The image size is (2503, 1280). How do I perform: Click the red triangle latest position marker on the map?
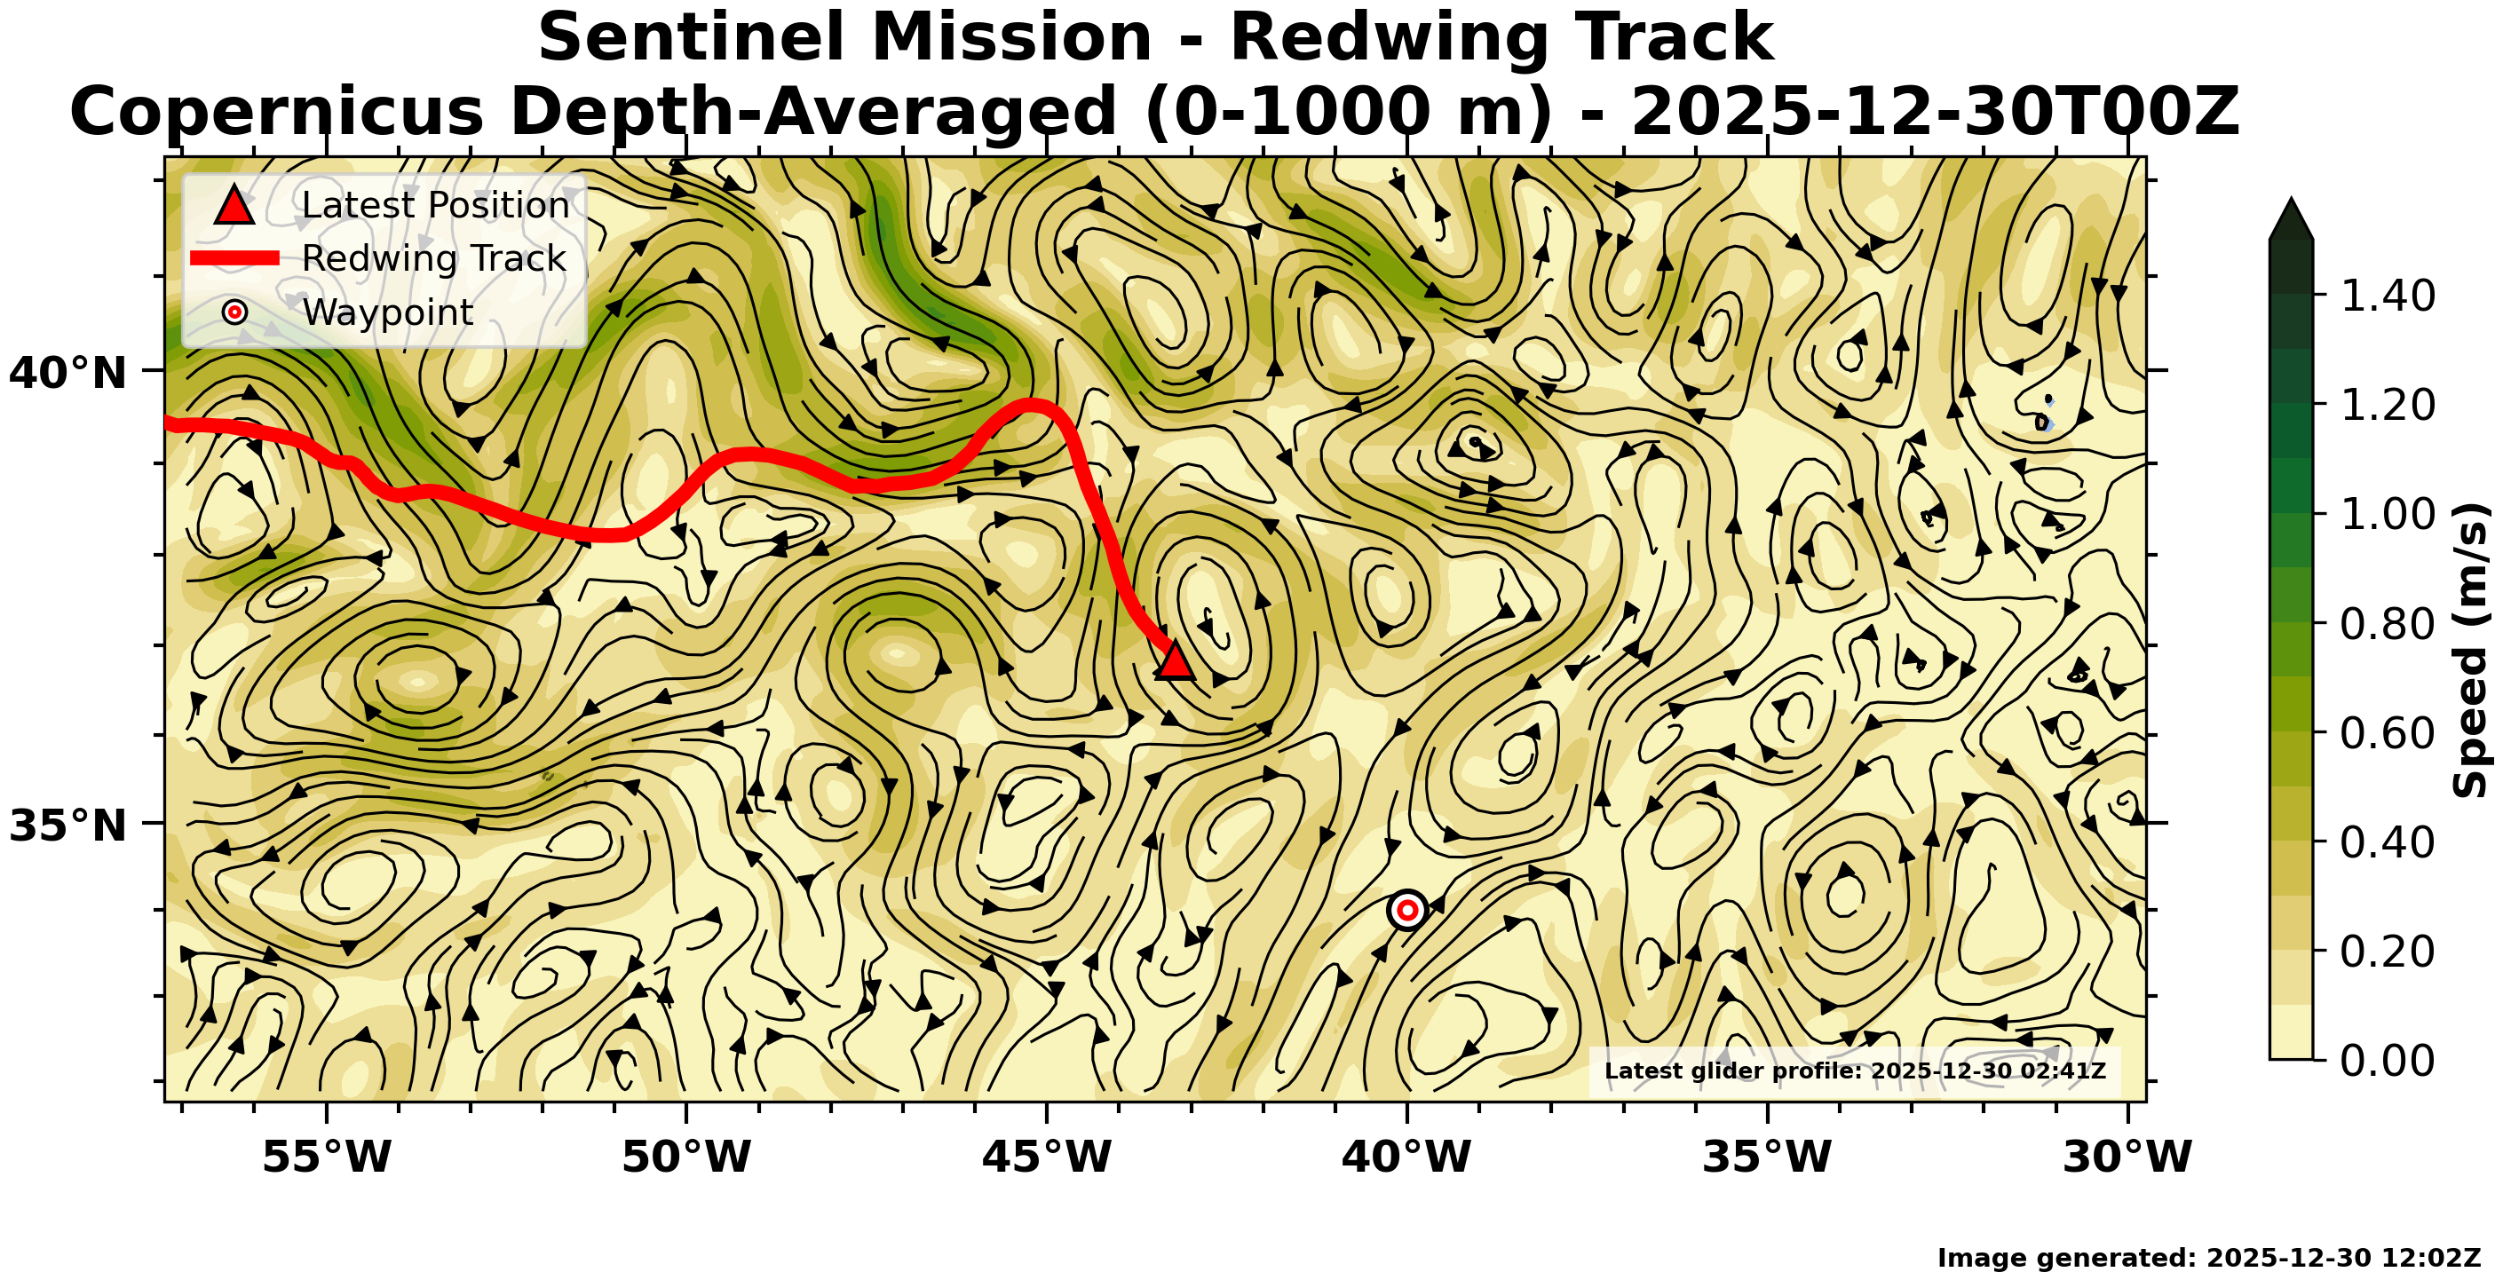[1175, 661]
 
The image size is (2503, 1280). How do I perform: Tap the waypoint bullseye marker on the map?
[1407, 910]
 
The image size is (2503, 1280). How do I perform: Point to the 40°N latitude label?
[68, 373]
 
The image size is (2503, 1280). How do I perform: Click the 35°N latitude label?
[68, 826]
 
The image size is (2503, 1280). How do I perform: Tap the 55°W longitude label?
[328, 1157]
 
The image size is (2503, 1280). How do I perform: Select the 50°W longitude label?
[687, 1157]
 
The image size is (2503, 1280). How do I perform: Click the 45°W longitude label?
[1048, 1157]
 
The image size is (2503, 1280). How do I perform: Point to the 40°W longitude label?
[1407, 1157]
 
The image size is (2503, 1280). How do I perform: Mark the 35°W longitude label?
[1768, 1157]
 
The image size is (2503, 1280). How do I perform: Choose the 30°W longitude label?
[2127, 1157]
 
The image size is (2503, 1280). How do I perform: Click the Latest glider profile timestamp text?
[1854, 1071]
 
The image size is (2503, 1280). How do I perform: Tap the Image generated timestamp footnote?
[2208, 1258]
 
